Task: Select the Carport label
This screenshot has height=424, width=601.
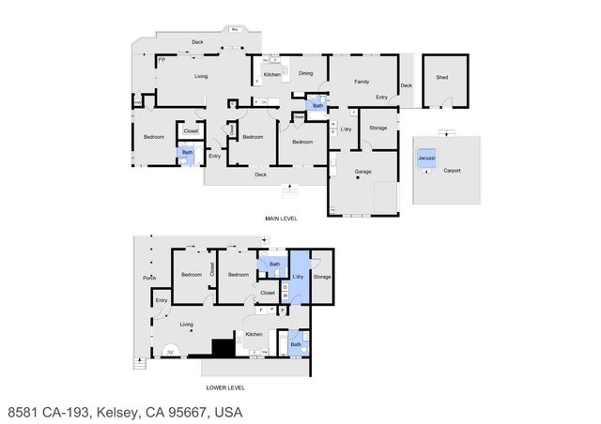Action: pyautogui.click(x=454, y=172)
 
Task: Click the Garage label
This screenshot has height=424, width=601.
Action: pyautogui.click(x=362, y=172)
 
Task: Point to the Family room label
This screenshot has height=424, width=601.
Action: pyautogui.click(x=361, y=82)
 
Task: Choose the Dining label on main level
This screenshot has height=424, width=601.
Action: pyautogui.click(x=305, y=73)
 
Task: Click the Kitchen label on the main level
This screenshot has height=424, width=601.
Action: pyautogui.click(x=271, y=74)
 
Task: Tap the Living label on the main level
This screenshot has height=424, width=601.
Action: pyautogui.click(x=201, y=76)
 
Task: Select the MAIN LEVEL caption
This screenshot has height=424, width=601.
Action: pyautogui.click(x=282, y=218)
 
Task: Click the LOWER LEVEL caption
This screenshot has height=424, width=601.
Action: pyautogui.click(x=225, y=386)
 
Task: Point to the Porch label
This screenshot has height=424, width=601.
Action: pyautogui.click(x=149, y=278)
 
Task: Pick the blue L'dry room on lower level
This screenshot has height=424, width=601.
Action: pyautogui.click(x=298, y=277)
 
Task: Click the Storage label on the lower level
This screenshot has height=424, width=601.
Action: pyautogui.click(x=322, y=277)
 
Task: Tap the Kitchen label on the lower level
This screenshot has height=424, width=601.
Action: pyautogui.click(x=254, y=334)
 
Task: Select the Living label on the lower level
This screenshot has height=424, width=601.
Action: pyautogui.click(x=187, y=325)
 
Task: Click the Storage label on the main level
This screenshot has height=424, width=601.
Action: pyautogui.click(x=378, y=128)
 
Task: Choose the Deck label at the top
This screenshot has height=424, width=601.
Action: pyautogui.click(x=198, y=42)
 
